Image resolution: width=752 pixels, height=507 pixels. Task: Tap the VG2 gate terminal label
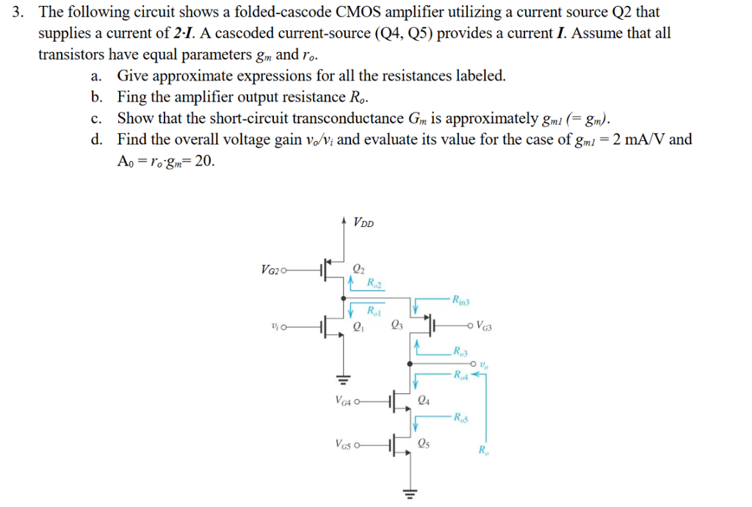click(271, 270)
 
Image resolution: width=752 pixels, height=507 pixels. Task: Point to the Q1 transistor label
click(360, 328)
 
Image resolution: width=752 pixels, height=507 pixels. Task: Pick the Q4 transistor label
click(423, 400)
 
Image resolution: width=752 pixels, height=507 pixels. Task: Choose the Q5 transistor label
click(423, 442)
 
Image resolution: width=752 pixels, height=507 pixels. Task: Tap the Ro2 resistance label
click(375, 284)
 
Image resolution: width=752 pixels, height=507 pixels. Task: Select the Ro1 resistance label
click(374, 311)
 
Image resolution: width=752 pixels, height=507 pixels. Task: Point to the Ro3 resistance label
click(461, 350)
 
